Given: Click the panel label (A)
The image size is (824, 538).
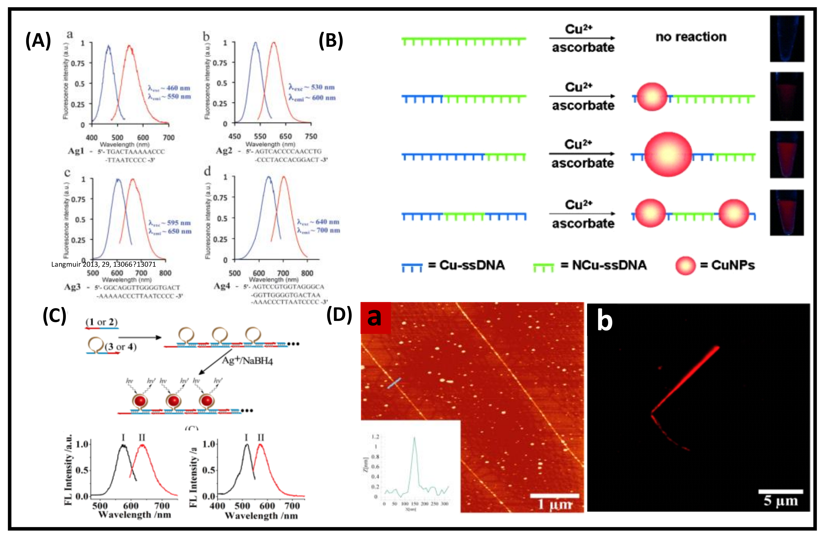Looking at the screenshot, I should pyautogui.click(x=38, y=40).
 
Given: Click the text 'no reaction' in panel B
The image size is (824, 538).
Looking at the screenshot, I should pyautogui.click(x=691, y=37).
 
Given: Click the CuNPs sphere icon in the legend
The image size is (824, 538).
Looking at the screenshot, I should pyautogui.click(x=685, y=266).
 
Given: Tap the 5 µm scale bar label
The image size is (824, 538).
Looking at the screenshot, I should pyautogui.click(x=781, y=501).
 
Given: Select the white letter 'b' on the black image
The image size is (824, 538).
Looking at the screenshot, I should pyautogui.click(x=605, y=321).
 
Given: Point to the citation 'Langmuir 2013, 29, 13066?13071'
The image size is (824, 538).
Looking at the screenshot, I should pyautogui.click(x=104, y=265).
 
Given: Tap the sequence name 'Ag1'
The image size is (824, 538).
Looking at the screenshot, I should pyautogui.click(x=76, y=151).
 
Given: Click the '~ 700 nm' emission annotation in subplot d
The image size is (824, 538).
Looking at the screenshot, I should pyautogui.click(x=322, y=230).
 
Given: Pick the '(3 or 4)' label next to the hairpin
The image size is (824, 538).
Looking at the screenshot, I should pyautogui.click(x=121, y=347).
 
